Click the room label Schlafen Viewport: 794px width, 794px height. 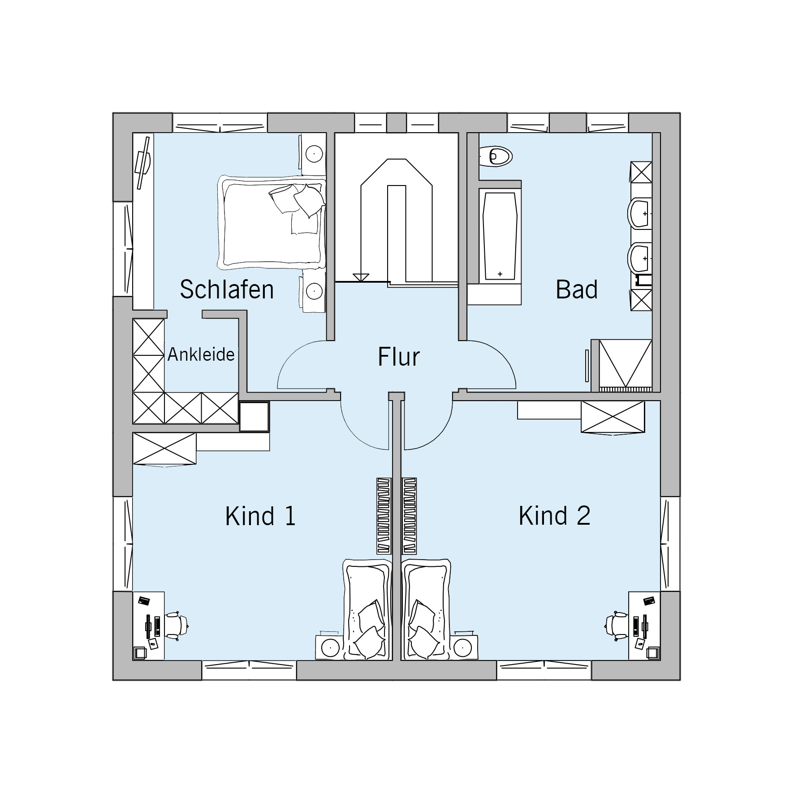(x=227, y=289)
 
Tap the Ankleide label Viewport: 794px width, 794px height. (x=201, y=354)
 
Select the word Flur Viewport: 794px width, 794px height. (x=399, y=357)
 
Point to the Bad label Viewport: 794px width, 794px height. (x=577, y=289)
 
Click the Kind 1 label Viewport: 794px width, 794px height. (x=260, y=516)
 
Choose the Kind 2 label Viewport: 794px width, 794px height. (x=555, y=516)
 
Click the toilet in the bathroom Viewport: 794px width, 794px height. (x=496, y=156)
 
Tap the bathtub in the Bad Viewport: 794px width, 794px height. (x=500, y=236)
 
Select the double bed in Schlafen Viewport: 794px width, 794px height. (x=272, y=222)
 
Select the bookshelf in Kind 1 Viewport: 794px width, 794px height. (x=384, y=516)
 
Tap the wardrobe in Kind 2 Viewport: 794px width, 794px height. (x=613, y=417)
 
